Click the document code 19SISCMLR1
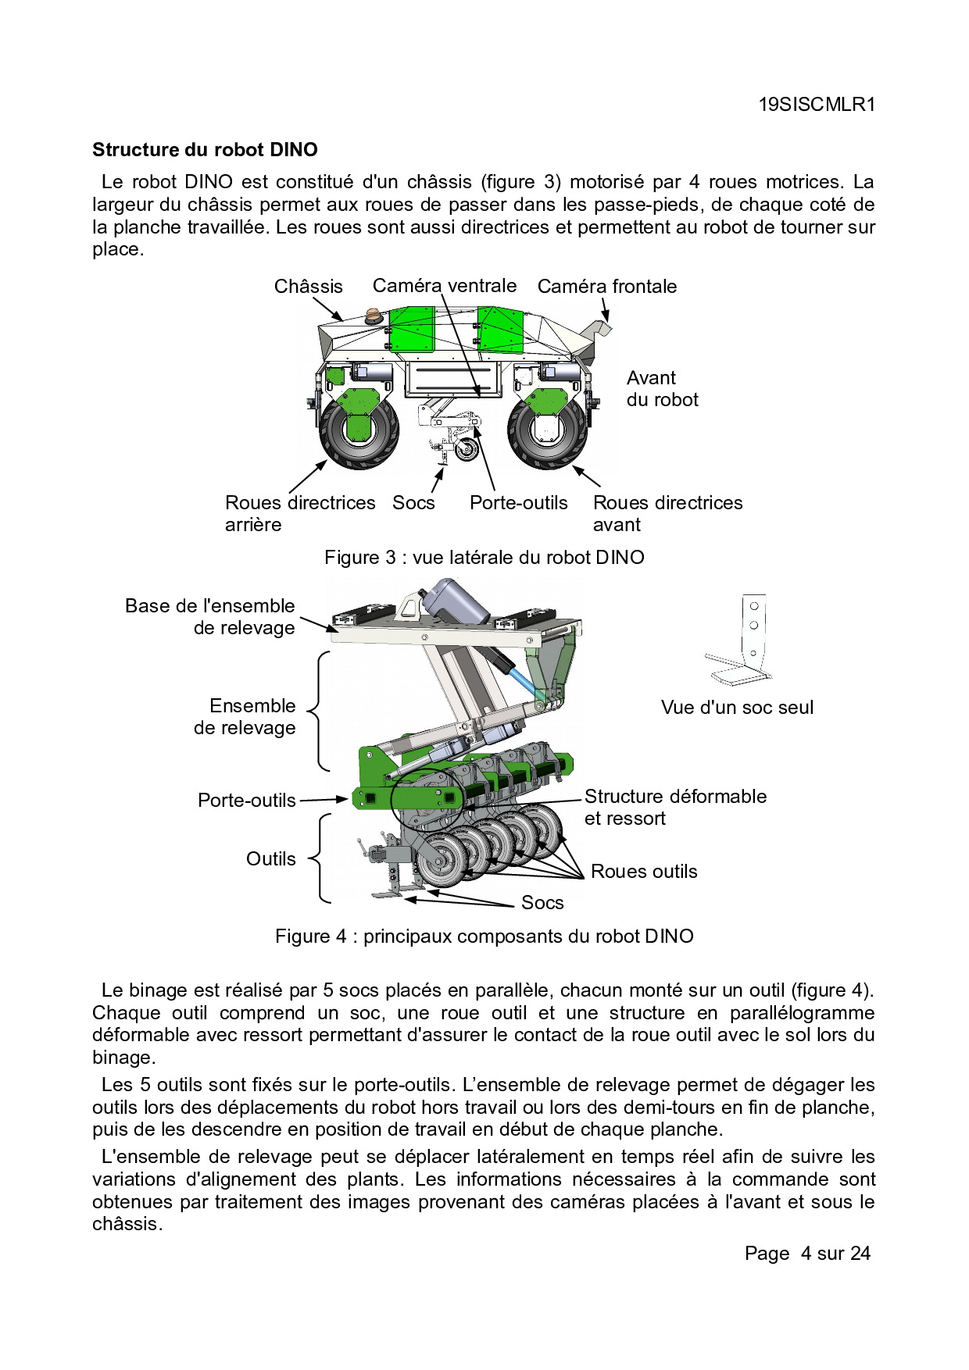pyautogui.click(x=817, y=105)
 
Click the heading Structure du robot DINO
pyautogui.click(x=205, y=149)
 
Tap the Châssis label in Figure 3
pyautogui.click(x=308, y=287)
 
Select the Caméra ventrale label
pyautogui.click(x=444, y=286)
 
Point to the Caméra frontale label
pyautogui.click(x=606, y=287)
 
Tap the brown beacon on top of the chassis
pyautogui.click(x=373, y=316)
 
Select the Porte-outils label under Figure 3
pyautogui.click(x=518, y=502)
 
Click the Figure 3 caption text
pyautogui.click(x=484, y=558)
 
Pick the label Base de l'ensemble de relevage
pyautogui.click(x=211, y=616)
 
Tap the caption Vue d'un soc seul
pyautogui.click(x=737, y=708)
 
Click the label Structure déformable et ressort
pyautogui.click(x=674, y=807)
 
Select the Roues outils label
pyautogui.click(x=644, y=872)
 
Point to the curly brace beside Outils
pyautogui.click(x=318, y=858)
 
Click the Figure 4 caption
pyautogui.click(x=484, y=937)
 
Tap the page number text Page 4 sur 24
pyautogui.click(x=807, y=1254)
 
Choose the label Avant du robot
pyautogui.click(x=662, y=389)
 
